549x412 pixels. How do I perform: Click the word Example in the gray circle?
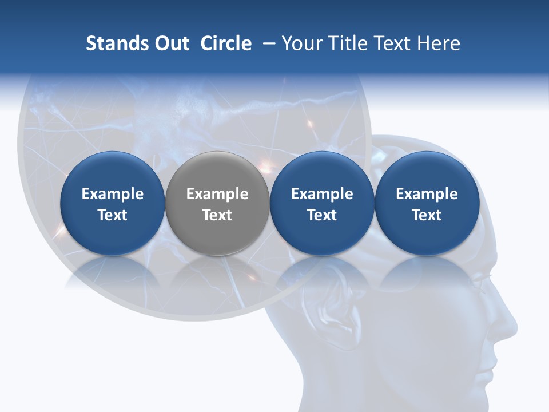[x=217, y=194]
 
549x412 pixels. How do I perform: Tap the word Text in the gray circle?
[x=217, y=215]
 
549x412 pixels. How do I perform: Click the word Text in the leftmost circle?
[x=113, y=215]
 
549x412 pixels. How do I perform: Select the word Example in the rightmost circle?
[x=427, y=194]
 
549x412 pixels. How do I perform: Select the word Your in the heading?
[x=301, y=43]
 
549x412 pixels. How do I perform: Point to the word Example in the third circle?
[x=322, y=194]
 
